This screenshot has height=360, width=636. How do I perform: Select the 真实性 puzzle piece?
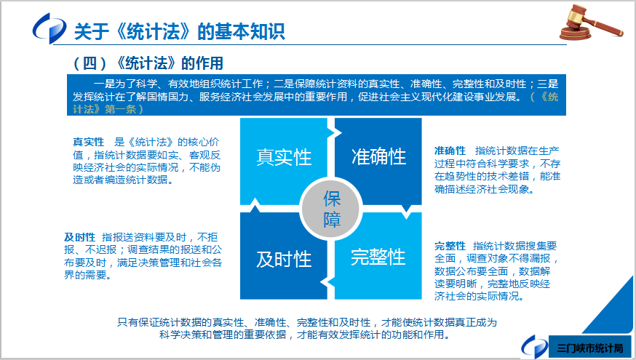click(x=283, y=156)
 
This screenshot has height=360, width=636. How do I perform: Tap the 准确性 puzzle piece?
click(x=378, y=156)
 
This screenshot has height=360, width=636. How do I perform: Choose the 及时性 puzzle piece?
click(x=283, y=258)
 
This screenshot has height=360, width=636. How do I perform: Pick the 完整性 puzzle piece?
click(x=378, y=257)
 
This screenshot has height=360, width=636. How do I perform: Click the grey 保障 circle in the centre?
click(x=332, y=209)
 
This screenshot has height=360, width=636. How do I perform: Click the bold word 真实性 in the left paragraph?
click(x=88, y=141)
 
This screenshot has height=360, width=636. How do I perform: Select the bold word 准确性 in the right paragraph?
click(x=450, y=150)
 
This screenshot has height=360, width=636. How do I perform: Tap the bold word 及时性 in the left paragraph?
click(x=79, y=237)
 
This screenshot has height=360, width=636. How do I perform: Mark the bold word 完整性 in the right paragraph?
click(x=450, y=245)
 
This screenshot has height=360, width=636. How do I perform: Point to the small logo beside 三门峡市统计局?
click(x=535, y=345)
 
